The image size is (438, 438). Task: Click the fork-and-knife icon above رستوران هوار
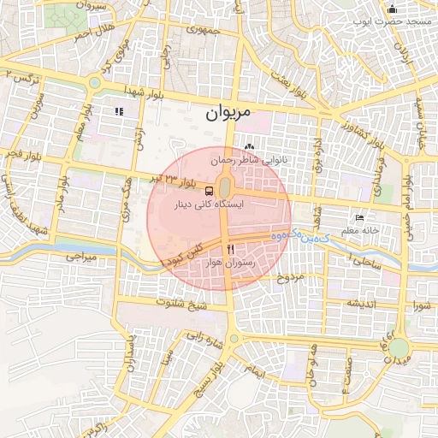pos(229,249)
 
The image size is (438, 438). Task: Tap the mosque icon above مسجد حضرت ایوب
pos(393,9)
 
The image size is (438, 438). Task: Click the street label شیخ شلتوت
pos(179,302)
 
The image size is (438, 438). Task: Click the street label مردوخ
pos(292,277)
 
